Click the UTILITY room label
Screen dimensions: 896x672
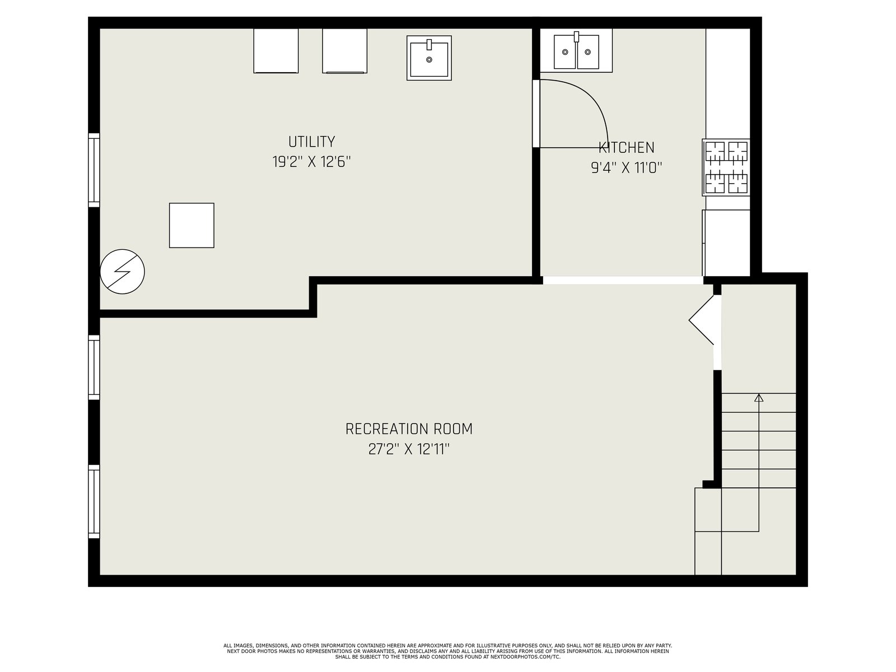pyautogui.click(x=311, y=142)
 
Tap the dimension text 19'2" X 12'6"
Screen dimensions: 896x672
pyautogui.click(x=311, y=162)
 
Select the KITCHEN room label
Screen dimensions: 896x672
pyautogui.click(x=626, y=147)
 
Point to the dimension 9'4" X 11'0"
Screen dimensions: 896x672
pyautogui.click(x=626, y=167)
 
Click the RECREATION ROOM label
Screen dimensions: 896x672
pyautogui.click(x=409, y=429)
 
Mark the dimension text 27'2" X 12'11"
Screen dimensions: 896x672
pyautogui.click(x=409, y=449)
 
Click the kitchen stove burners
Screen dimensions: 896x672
pyautogui.click(x=726, y=167)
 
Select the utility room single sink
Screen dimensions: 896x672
pyautogui.click(x=429, y=58)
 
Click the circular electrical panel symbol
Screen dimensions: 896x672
pyautogui.click(x=123, y=272)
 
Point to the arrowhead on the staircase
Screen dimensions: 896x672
pyautogui.click(x=758, y=398)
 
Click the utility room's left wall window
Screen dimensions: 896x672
pyautogui.click(x=94, y=170)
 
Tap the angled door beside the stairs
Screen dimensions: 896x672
pyautogui.click(x=702, y=320)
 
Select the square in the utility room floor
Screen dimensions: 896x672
pyautogui.click(x=192, y=225)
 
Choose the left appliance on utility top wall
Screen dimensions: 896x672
pyautogui.click(x=276, y=51)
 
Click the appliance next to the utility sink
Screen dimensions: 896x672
pyautogui.click(x=344, y=51)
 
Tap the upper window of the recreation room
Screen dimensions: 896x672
pyautogui.click(x=94, y=367)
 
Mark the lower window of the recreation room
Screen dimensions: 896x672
pyautogui.click(x=94, y=501)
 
